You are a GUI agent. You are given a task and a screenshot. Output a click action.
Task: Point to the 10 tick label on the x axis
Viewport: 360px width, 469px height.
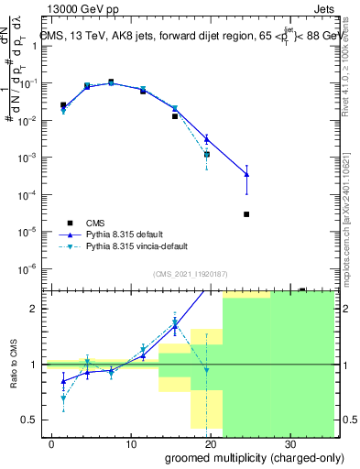(x=132, y=443)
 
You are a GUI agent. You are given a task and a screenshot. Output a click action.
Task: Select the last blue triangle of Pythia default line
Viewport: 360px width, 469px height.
(x=246, y=174)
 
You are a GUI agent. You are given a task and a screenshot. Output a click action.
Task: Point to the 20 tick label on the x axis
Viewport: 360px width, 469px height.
(x=211, y=443)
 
